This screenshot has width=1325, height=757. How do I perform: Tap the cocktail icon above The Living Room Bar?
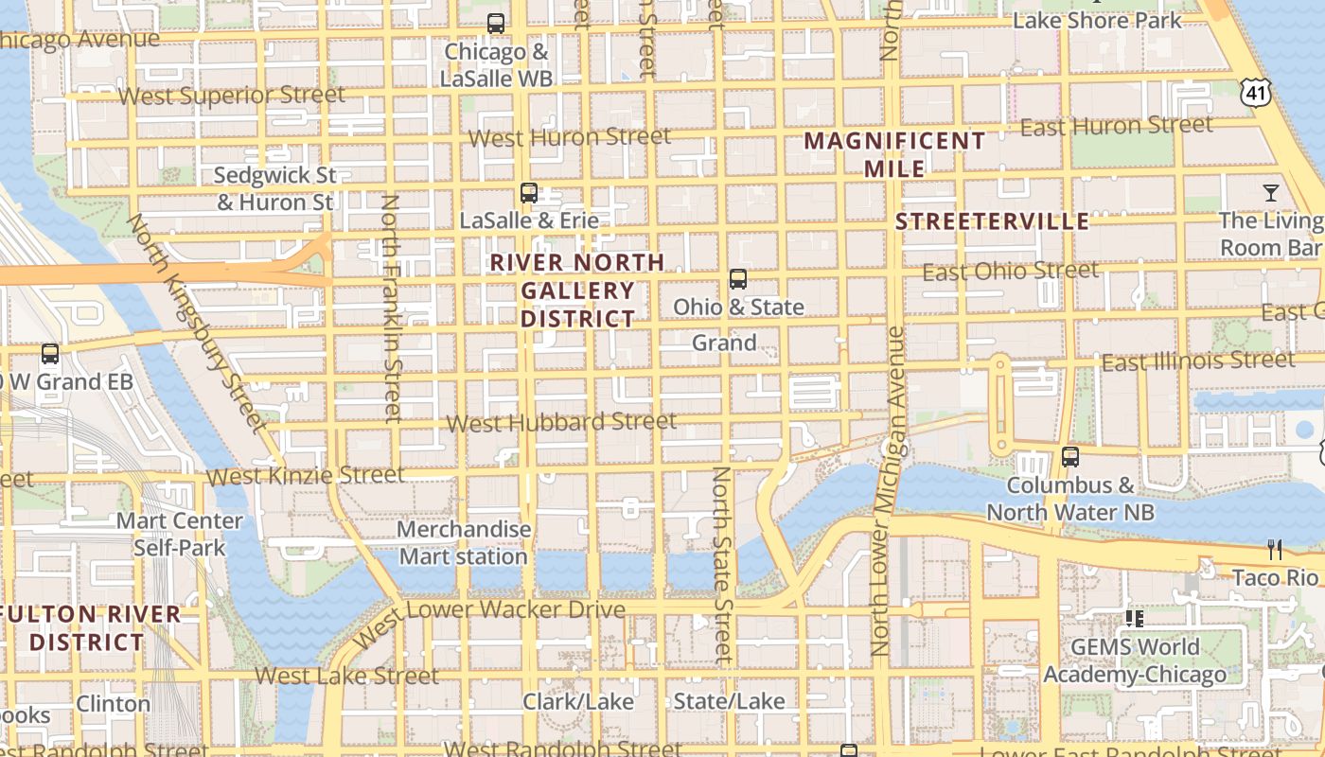click(x=1270, y=193)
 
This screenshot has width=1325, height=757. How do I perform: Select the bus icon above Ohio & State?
click(x=738, y=279)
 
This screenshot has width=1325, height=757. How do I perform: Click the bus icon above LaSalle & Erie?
click(x=529, y=193)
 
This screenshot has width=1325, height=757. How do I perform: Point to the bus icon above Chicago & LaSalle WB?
click(x=496, y=24)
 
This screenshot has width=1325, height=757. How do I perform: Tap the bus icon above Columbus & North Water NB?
click(x=1070, y=457)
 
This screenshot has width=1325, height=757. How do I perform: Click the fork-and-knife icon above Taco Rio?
click(x=1275, y=550)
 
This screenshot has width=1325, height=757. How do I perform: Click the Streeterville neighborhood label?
click(x=992, y=221)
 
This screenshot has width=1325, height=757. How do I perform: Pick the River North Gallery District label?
click(x=577, y=290)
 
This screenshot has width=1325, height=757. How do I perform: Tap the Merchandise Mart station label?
click(x=464, y=542)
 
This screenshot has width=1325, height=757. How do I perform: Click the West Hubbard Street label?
click(x=561, y=422)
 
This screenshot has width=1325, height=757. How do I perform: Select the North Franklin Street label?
click(x=391, y=308)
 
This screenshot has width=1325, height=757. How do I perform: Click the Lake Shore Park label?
click(x=1097, y=20)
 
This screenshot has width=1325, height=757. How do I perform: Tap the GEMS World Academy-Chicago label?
click(x=1135, y=660)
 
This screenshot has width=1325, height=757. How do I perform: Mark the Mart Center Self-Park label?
click(x=180, y=534)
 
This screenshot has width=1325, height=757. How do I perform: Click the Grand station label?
click(x=724, y=343)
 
